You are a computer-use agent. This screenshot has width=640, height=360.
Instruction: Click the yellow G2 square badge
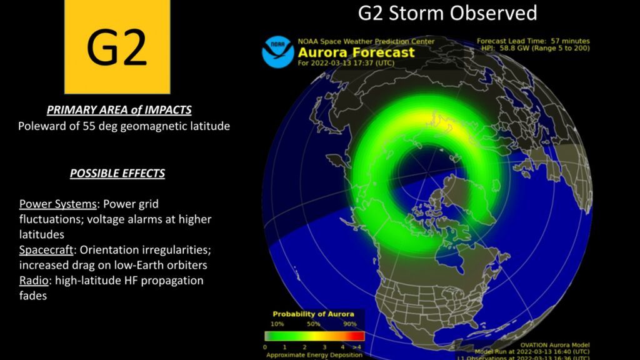click(x=117, y=47)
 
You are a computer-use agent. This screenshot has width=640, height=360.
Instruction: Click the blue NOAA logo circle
click(x=277, y=52)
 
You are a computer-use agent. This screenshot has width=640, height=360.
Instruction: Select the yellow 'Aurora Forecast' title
click(x=356, y=52)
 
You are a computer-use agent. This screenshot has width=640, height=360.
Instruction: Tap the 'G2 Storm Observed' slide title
click(x=447, y=12)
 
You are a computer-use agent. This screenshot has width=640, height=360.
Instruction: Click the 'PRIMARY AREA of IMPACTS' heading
click(x=119, y=110)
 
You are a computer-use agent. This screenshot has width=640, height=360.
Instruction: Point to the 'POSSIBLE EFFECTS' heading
click(x=117, y=173)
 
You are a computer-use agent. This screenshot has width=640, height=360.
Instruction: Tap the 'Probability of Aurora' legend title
click(x=313, y=314)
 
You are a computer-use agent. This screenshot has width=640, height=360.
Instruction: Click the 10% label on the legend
click(x=277, y=324)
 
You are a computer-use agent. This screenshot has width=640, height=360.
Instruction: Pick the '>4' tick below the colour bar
click(x=356, y=346)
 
